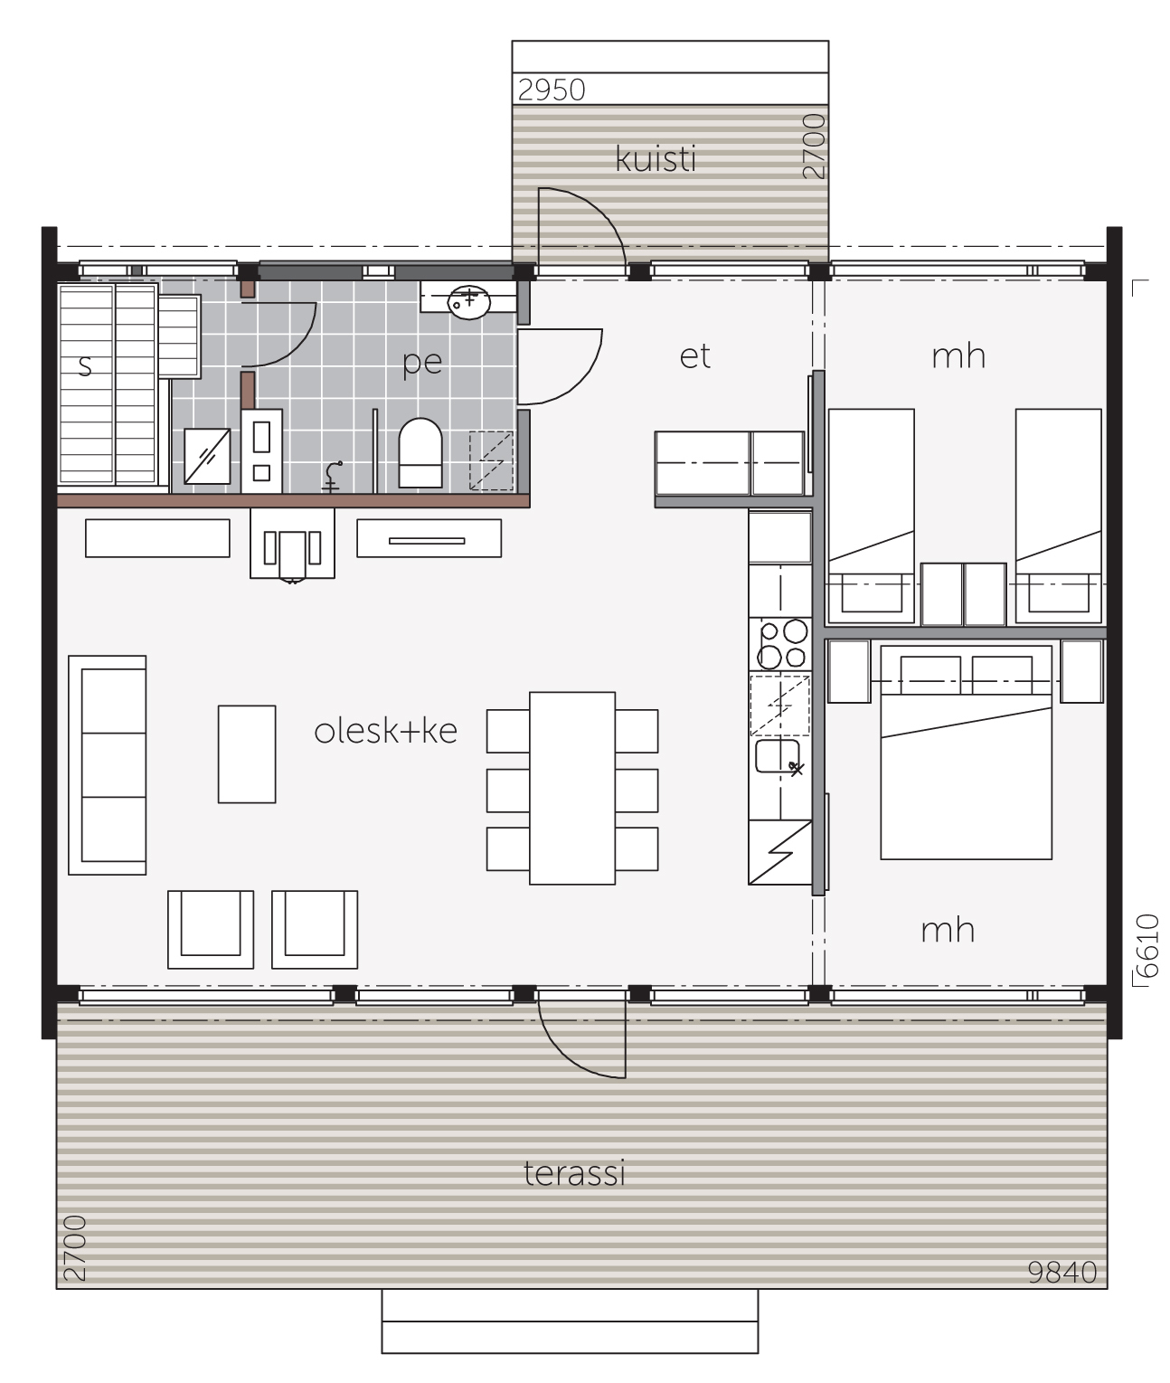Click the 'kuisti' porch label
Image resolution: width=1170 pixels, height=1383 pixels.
click(x=655, y=158)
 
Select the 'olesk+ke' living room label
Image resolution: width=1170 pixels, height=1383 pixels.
click(x=385, y=731)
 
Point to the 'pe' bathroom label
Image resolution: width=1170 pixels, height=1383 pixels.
click(x=422, y=363)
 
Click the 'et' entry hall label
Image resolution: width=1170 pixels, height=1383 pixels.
click(x=694, y=356)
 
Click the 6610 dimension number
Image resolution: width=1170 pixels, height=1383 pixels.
click(x=1146, y=945)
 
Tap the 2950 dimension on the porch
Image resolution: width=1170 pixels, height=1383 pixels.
click(x=552, y=90)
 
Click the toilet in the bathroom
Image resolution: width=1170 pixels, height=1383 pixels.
click(x=420, y=452)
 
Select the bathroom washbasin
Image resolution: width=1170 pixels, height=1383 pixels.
click(x=468, y=302)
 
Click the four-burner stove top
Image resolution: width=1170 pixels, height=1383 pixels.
click(x=780, y=644)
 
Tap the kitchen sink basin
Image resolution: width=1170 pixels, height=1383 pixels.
click(x=778, y=755)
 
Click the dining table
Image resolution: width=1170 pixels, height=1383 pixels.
click(x=572, y=788)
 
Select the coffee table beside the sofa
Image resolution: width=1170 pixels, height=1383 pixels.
click(x=247, y=754)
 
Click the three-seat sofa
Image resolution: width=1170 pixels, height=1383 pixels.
click(x=107, y=764)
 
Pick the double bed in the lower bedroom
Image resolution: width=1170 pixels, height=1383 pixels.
click(x=966, y=752)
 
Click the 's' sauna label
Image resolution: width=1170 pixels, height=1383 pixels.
click(x=84, y=366)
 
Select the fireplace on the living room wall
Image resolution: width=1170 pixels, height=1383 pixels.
click(x=292, y=544)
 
